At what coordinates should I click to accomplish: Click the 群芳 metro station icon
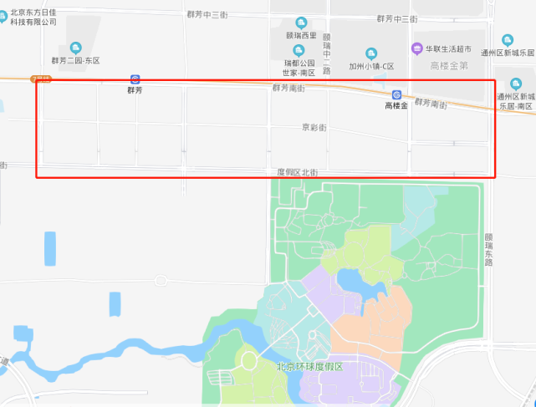tap(135, 79)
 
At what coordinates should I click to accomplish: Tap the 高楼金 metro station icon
tap(396, 95)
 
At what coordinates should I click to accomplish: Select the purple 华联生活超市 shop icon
tap(416, 48)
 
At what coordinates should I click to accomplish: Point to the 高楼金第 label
tap(447, 65)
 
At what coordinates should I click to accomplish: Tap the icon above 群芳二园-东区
tap(76, 48)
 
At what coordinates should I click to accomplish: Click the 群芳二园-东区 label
tap(75, 61)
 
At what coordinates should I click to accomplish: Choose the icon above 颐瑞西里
tap(301, 23)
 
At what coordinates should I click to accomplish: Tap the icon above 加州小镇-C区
tap(371, 53)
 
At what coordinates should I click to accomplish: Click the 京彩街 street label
tap(314, 128)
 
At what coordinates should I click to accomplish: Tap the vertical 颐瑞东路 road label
tap(488, 249)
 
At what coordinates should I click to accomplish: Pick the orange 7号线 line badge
tap(39, 79)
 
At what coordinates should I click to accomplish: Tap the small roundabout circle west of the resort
tap(248, 361)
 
